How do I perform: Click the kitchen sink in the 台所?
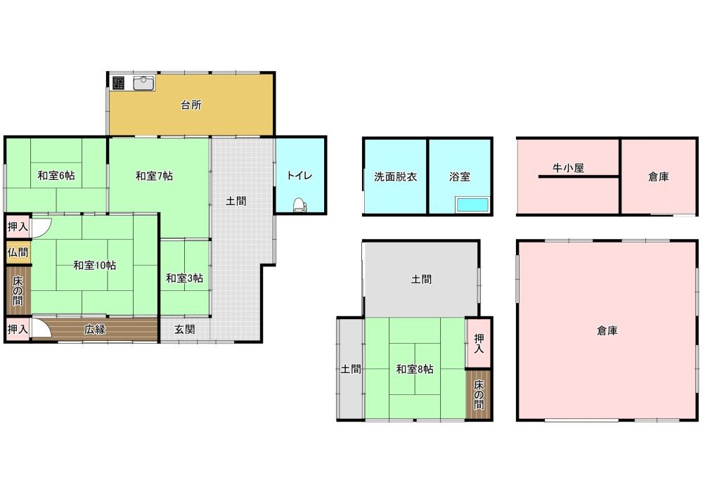pos(144,82)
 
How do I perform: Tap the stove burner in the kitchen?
pos(118,83)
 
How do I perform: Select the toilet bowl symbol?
pos(299,205)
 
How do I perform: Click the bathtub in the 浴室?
pos(472,205)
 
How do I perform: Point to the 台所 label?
pos(191,105)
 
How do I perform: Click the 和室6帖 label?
pos(56,175)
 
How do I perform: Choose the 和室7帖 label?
pos(154,176)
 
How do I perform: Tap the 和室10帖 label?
pos(95,265)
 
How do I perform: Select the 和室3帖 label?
pos(184,278)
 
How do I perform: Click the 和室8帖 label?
pos(415,369)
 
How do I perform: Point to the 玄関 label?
pos(184,330)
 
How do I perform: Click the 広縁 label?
pos(95,330)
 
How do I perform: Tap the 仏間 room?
pos(18,252)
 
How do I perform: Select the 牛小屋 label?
pos(568,168)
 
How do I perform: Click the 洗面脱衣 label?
pos(395,176)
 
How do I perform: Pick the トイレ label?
pos(299,175)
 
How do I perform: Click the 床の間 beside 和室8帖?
pos(479,395)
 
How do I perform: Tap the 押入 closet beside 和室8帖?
pos(479,343)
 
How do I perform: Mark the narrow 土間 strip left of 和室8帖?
pos(351,369)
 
